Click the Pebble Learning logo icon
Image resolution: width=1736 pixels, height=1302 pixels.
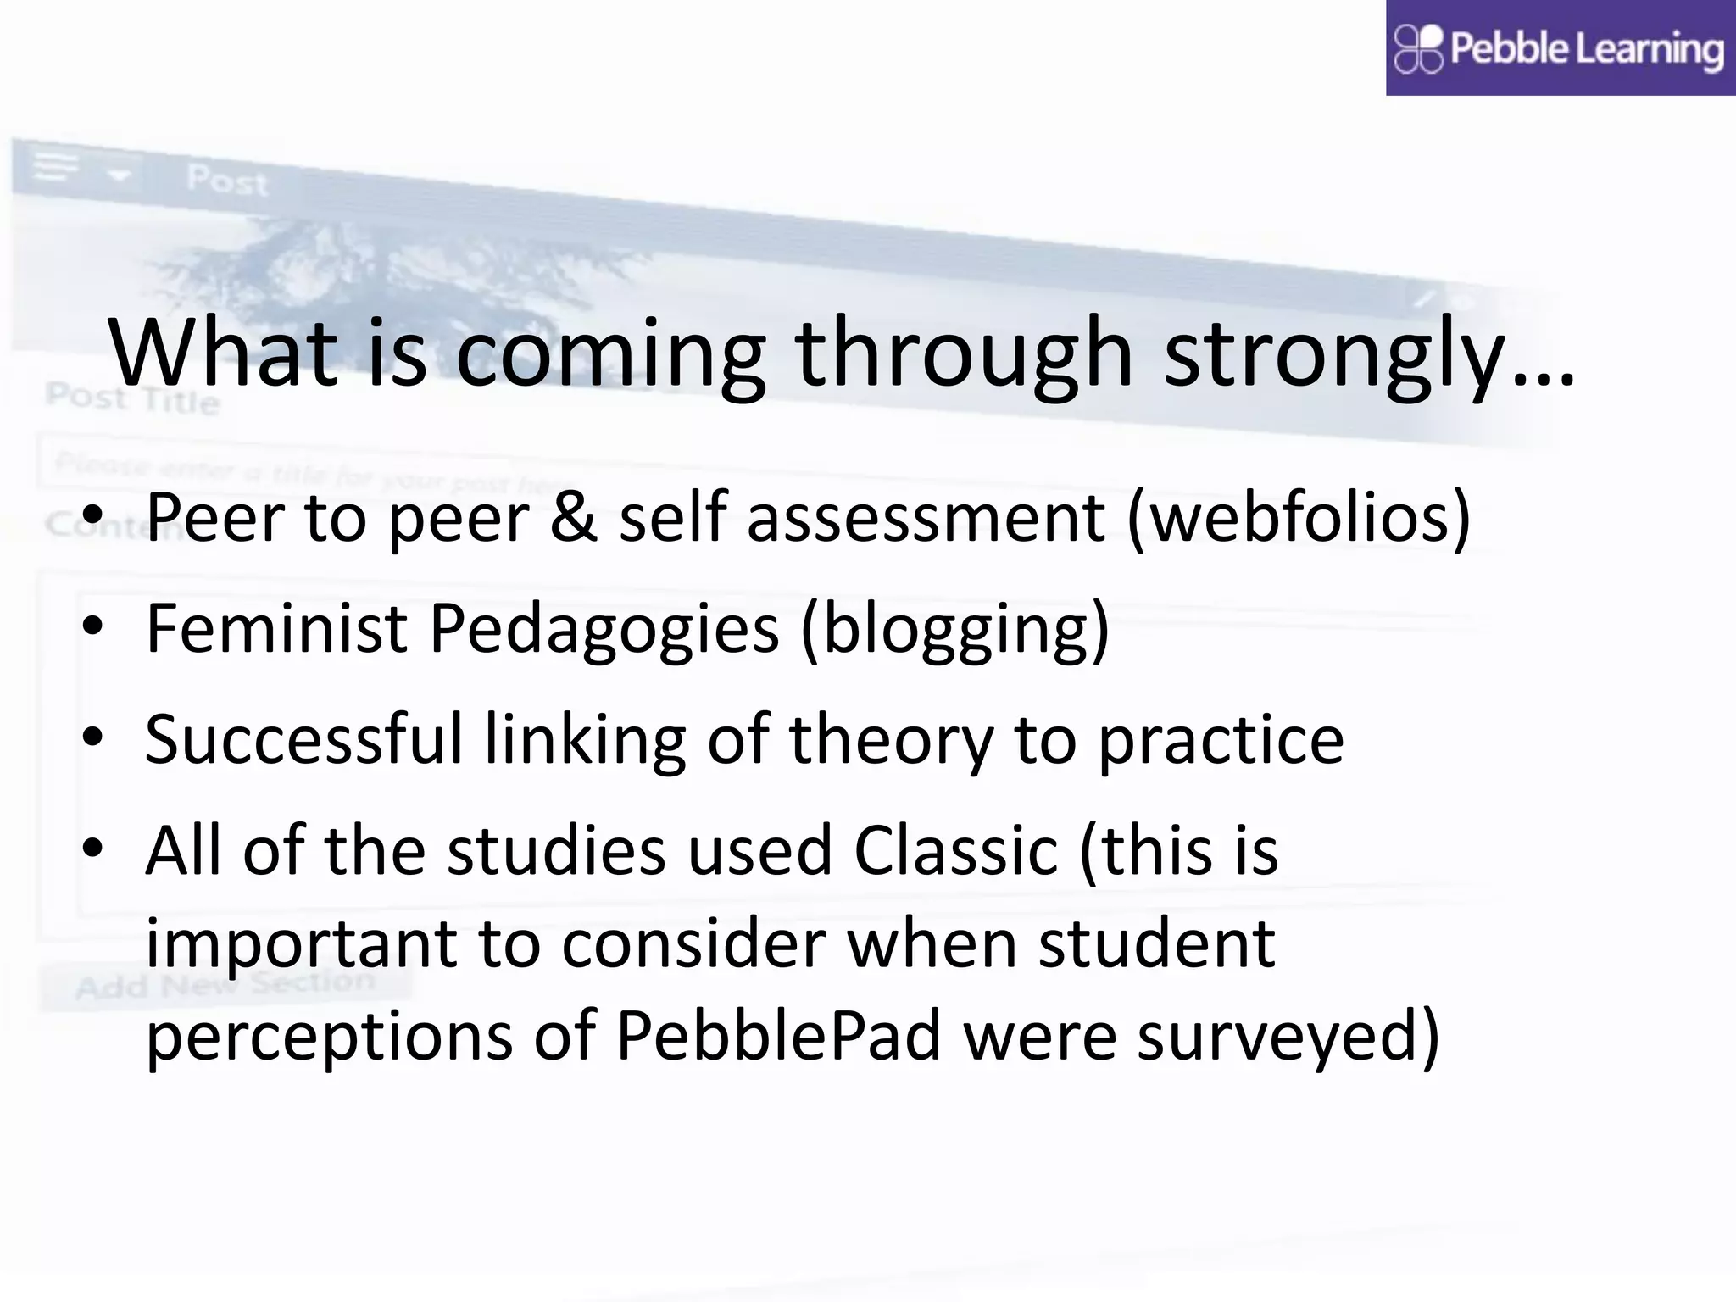click(1418, 48)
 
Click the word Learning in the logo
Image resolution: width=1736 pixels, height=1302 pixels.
click(1650, 49)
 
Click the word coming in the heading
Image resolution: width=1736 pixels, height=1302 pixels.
click(610, 354)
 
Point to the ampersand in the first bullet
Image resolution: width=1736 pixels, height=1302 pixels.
click(574, 518)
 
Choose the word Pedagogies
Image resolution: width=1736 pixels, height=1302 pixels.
click(604, 630)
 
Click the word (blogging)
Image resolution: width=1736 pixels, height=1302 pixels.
click(954, 630)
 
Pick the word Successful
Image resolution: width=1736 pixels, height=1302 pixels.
click(303, 739)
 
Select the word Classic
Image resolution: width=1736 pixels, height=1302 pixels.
click(955, 850)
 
